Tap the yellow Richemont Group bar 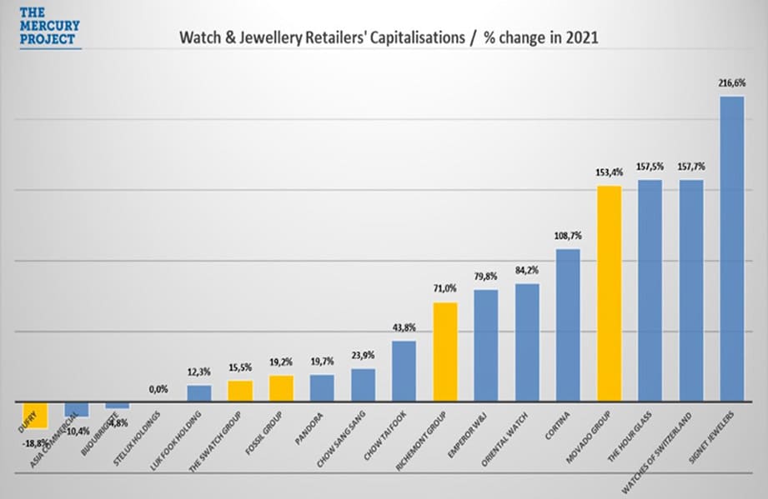coord(445,352)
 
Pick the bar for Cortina coord(568,325)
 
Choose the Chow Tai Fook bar coord(404,371)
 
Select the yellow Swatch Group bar coord(240,391)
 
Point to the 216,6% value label coord(731,83)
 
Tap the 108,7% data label coord(568,236)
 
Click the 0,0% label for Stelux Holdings coord(158,388)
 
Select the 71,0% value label coord(445,289)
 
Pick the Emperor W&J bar coord(486,345)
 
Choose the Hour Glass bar coord(650,291)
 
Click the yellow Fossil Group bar coord(281,388)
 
